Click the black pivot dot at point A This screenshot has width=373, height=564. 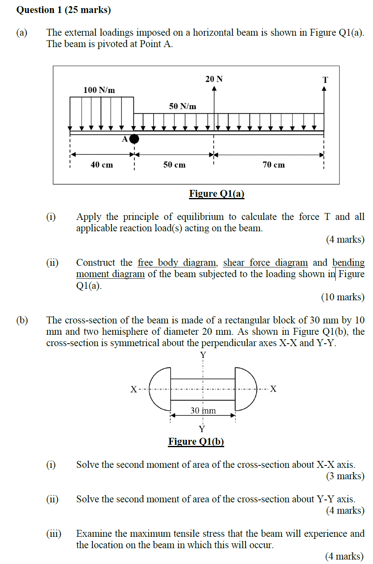[134, 139]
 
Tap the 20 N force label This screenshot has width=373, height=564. [214, 79]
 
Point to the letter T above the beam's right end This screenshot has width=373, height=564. [325, 80]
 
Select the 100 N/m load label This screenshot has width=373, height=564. [99, 90]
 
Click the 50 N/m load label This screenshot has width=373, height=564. [182, 106]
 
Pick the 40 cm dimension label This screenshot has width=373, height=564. [102, 165]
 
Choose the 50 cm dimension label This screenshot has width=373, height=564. [174, 165]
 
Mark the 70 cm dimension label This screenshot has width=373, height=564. [274, 165]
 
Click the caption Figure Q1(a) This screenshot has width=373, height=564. [217, 194]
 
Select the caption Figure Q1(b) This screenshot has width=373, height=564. [196, 441]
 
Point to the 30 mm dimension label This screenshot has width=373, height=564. [203, 411]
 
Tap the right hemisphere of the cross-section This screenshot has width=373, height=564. [245, 389]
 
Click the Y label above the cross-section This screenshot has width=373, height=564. [203, 355]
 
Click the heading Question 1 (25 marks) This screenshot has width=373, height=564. [64, 10]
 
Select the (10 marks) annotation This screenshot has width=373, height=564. [343, 297]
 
